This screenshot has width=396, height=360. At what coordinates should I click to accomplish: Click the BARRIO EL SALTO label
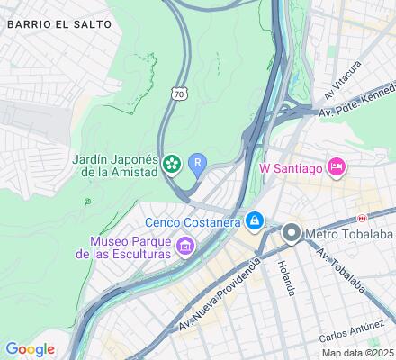(59, 24)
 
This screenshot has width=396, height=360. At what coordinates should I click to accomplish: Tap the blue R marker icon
(198, 163)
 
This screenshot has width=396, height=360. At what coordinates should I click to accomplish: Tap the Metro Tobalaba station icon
(291, 234)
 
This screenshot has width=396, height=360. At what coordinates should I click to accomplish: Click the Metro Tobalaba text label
(344, 234)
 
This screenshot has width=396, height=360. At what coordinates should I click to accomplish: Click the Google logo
(30, 349)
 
